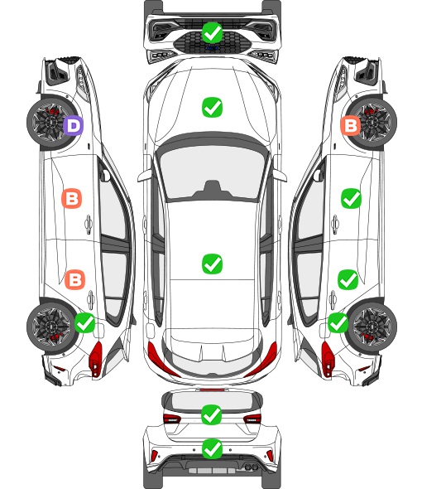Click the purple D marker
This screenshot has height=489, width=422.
click(x=73, y=125)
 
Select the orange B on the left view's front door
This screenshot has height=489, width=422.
click(x=72, y=198)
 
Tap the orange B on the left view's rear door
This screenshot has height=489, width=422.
click(x=74, y=279)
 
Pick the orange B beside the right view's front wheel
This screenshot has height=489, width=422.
click(x=350, y=125)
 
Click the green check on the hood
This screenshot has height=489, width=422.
click(x=212, y=107)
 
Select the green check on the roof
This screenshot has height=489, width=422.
click(x=212, y=264)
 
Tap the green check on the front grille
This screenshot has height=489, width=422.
click(x=212, y=32)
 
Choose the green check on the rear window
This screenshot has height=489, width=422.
click(x=212, y=414)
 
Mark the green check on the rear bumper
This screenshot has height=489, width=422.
click(x=212, y=448)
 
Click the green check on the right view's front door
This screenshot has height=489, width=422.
click(x=352, y=198)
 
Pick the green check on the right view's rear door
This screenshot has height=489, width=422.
click(x=348, y=280)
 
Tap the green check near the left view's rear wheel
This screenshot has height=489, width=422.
click(x=85, y=322)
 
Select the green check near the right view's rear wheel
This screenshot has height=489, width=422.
click(x=338, y=322)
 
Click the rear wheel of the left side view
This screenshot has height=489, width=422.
click(x=50, y=327)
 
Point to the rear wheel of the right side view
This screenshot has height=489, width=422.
click(x=373, y=327)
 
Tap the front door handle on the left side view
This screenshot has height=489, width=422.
click(x=89, y=224)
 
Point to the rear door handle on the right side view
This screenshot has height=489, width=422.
click(x=333, y=300)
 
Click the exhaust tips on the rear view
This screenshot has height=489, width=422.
click(x=251, y=467)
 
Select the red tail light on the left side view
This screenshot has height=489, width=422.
click(x=96, y=359)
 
